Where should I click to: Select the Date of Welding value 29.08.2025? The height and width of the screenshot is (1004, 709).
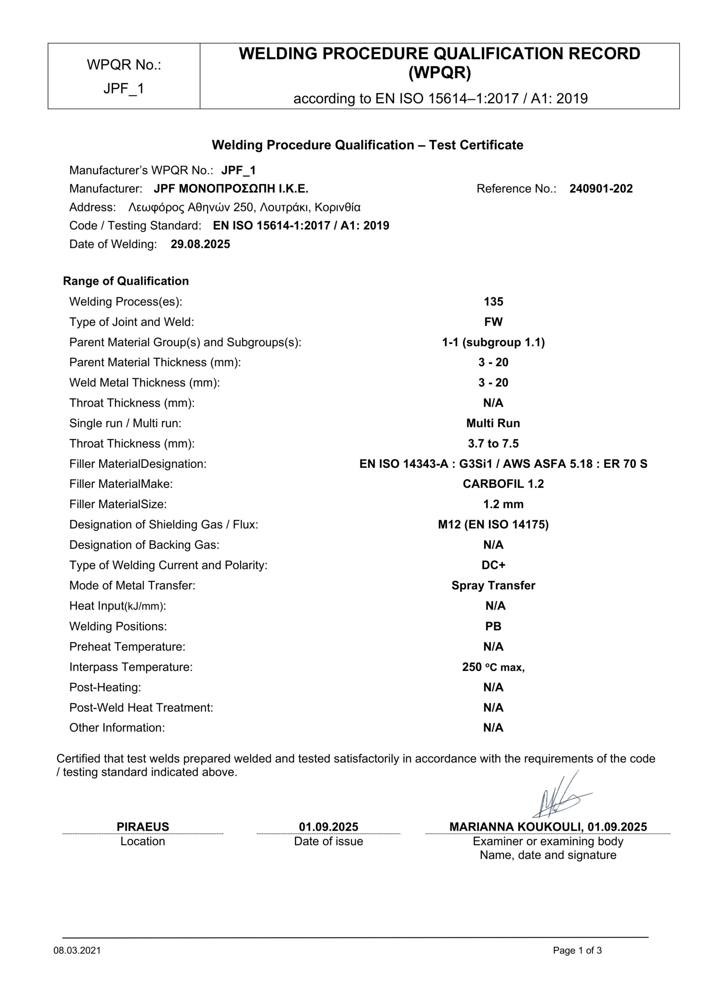coord(200,244)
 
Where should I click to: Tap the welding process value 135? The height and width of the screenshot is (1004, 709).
coord(493,302)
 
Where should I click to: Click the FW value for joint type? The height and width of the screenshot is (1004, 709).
coord(493,322)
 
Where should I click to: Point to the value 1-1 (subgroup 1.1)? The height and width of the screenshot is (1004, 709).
coord(493,342)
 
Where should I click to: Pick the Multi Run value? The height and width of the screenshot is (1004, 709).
coord(493,423)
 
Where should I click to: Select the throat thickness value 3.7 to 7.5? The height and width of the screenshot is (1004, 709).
coord(493,444)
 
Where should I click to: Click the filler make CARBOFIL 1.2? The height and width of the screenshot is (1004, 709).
coord(503,484)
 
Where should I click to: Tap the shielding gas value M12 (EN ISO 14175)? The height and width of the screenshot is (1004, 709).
coord(493,525)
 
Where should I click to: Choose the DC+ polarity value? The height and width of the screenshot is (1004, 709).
coord(493,566)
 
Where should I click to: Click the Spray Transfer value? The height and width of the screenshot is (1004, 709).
coord(493,586)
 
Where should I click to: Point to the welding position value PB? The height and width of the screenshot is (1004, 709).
coord(493,627)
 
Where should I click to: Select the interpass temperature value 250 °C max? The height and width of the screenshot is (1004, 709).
coord(493,667)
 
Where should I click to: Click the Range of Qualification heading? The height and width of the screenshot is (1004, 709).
coord(126,281)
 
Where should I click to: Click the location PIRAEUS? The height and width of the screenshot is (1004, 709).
coord(143,827)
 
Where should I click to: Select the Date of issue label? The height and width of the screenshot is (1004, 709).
coord(329,841)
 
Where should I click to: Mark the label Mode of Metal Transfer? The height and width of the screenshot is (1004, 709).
coord(132,586)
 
